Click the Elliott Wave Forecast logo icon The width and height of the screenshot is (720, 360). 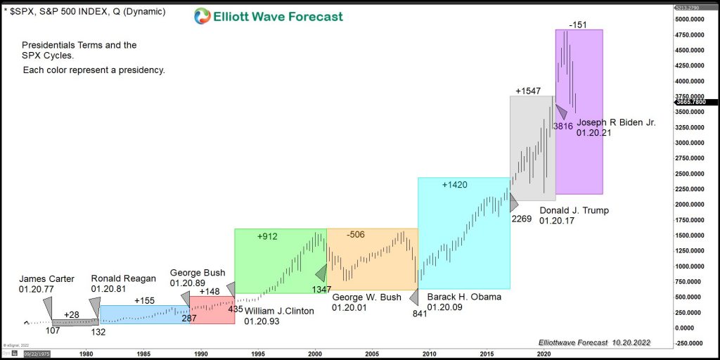click(x=202, y=16)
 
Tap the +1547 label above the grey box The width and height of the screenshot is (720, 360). click(x=528, y=91)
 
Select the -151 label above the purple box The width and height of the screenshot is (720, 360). click(x=579, y=25)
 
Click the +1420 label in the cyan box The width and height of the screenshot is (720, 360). click(x=455, y=185)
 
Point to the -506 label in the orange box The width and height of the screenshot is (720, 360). click(x=356, y=234)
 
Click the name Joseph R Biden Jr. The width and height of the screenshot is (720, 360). click(x=616, y=122)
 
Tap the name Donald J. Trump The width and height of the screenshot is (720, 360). click(x=574, y=210)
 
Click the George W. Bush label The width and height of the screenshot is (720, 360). click(x=366, y=297)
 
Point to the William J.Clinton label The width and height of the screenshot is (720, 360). click(x=279, y=311)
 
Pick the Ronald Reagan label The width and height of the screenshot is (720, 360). click(x=124, y=278)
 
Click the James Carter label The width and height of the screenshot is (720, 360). click(x=46, y=278)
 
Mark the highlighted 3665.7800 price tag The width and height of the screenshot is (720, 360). click(x=690, y=102)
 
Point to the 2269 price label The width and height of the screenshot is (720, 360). click(x=521, y=219)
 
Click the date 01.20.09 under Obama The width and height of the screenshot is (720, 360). click(x=445, y=307)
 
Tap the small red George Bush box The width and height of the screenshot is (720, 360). click(x=212, y=310)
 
